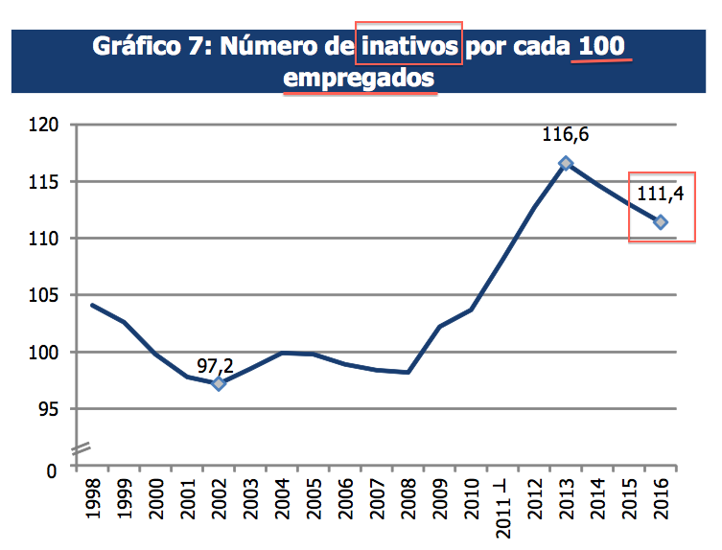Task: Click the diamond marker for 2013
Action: tap(566, 163)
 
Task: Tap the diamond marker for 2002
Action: tap(219, 383)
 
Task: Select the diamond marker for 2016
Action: tap(661, 222)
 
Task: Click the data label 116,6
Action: tap(566, 135)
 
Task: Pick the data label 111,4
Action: tap(660, 196)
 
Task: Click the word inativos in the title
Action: tap(408, 46)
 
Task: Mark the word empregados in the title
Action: tap(360, 79)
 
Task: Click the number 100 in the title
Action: tap(602, 46)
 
